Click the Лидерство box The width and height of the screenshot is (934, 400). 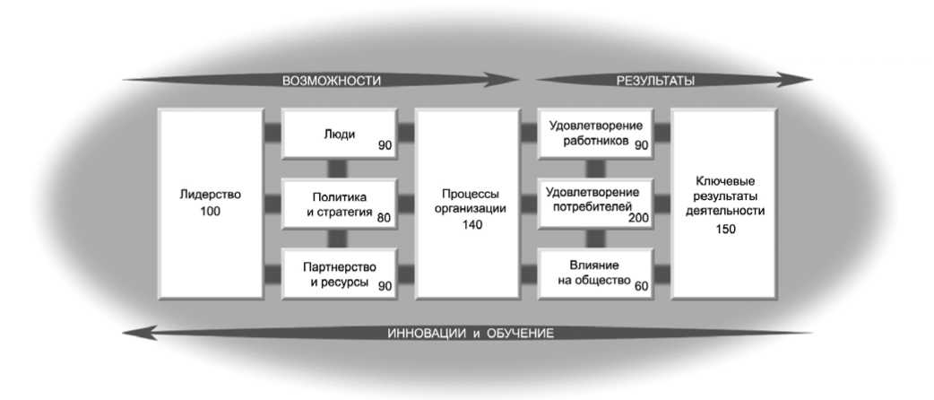click(x=210, y=203)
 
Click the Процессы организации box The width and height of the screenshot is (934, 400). click(x=469, y=203)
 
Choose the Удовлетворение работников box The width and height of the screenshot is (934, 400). click(x=594, y=134)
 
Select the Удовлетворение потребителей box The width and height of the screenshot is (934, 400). click(x=594, y=203)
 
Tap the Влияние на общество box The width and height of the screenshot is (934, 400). click(x=594, y=274)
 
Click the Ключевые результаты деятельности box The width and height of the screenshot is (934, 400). click(x=725, y=203)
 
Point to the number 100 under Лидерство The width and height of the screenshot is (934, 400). click(x=211, y=212)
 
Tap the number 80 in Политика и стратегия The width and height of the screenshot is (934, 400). click(x=384, y=216)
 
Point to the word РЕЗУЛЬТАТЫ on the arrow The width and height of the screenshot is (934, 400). click(x=655, y=81)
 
